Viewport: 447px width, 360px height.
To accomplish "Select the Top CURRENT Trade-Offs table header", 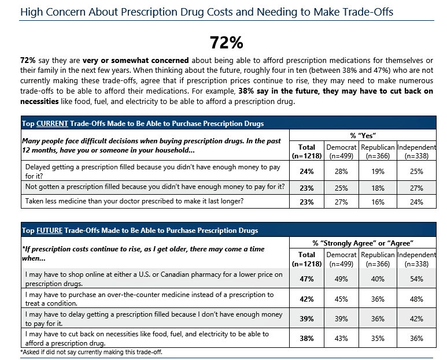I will coord(142,124).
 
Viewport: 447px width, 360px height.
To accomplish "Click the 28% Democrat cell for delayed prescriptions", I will coord(342,172).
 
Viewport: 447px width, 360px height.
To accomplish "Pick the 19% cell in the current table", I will coord(377,172).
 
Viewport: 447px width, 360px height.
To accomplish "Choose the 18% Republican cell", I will coord(377,187).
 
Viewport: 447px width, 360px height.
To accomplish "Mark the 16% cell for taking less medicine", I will coord(377,202).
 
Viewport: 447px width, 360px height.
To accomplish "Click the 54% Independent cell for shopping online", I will coord(416,279).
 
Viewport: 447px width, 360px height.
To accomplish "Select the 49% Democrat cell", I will coord(342,279).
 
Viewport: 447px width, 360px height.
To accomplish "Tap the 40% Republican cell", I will coord(377,279).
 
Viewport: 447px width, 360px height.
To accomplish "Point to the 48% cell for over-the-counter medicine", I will coord(416,299).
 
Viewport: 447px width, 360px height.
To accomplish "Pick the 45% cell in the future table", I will coord(342,299).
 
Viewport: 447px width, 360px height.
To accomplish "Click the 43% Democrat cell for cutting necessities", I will coord(342,338).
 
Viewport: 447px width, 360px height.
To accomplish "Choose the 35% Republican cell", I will coord(377,338).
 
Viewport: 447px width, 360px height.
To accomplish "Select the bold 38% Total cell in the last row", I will coord(306,338).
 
